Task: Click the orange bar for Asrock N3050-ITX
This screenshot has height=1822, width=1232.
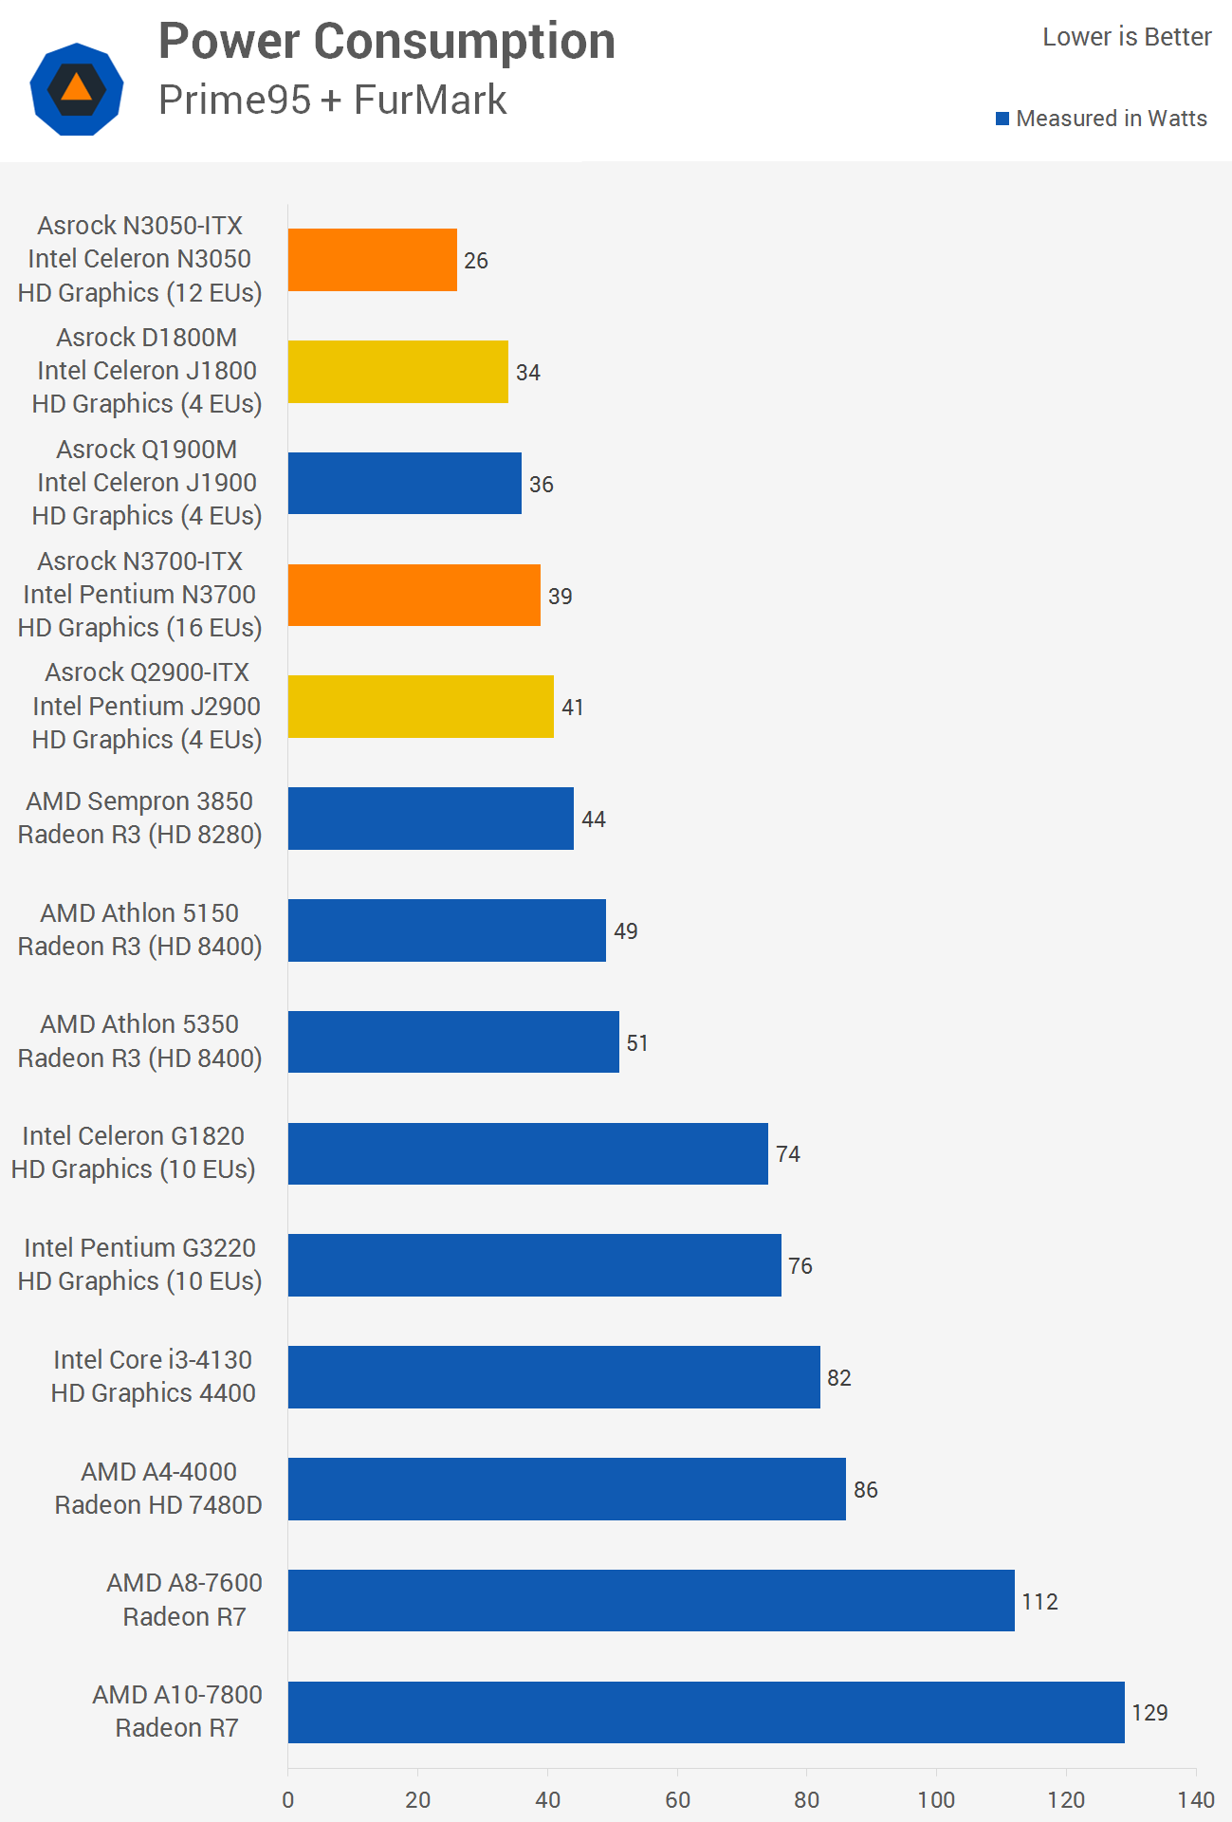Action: (372, 260)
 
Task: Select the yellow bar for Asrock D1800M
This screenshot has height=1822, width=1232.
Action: (397, 372)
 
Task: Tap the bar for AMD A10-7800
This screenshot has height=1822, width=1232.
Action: (706, 1712)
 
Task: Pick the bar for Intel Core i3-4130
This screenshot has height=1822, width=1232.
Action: (554, 1377)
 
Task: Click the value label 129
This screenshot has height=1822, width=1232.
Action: (1149, 1713)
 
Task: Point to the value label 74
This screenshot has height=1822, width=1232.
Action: (788, 1154)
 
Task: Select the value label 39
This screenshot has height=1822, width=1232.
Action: (561, 597)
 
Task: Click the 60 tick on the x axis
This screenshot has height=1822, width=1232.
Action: (677, 1799)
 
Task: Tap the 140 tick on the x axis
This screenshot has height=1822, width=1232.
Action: (1196, 1799)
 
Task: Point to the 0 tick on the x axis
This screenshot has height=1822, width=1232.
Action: (288, 1799)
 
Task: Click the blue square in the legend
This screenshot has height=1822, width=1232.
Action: (1002, 119)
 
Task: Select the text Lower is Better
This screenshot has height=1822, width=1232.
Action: (1127, 37)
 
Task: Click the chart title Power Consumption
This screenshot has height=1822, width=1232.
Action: (387, 42)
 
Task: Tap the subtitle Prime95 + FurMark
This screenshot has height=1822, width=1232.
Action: (332, 100)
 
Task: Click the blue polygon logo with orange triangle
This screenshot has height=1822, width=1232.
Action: (77, 89)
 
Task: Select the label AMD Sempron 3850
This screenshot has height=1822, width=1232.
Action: (139, 801)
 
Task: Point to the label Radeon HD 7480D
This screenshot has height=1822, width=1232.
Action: (158, 1505)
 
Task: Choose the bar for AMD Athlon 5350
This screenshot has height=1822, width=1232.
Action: (453, 1042)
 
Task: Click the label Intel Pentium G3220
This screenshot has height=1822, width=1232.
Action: (139, 1248)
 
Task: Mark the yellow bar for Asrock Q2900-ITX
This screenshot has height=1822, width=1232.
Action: (420, 707)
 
